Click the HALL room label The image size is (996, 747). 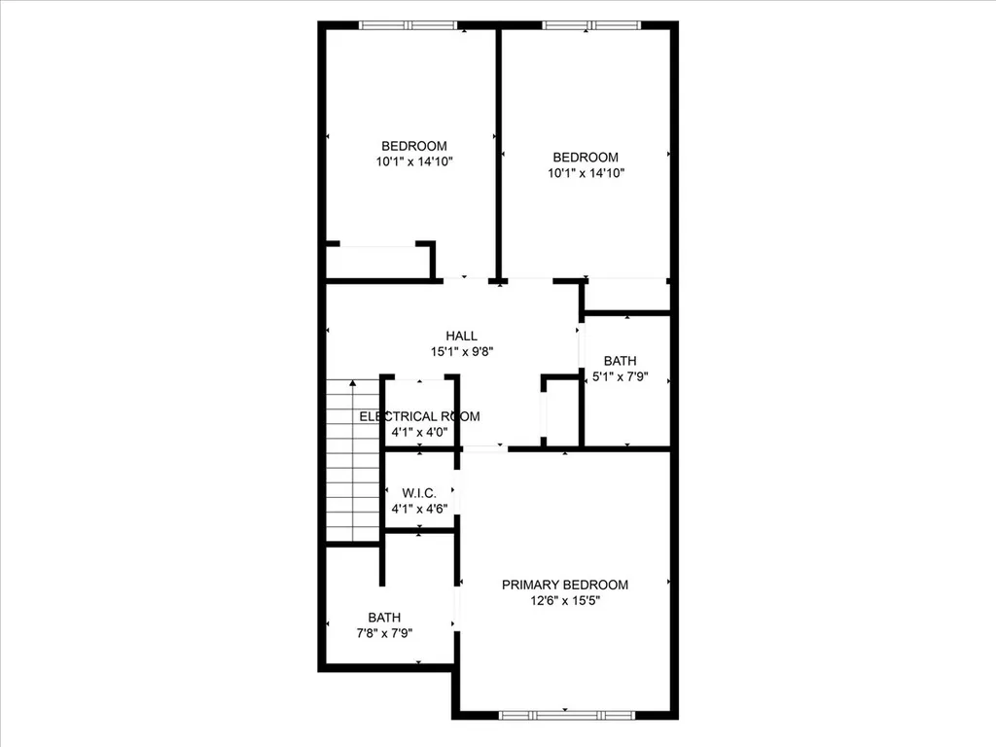click(461, 336)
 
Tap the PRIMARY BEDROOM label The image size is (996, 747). click(565, 585)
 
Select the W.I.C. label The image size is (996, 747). click(419, 493)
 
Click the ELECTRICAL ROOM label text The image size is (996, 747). click(419, 416)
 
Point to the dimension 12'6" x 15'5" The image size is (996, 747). click(565, 601)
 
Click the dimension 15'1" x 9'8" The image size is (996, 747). click(462, 352)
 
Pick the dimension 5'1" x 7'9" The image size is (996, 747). click(620, 376)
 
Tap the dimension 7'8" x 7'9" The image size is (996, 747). click(384, 633)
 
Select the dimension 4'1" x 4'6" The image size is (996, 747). click(419, 509)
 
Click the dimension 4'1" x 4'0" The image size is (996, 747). click(419, 433)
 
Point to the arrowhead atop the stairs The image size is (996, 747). click(352, 382)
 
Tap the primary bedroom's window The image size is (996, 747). click(567, 715)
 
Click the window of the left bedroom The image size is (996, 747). click(408, 25)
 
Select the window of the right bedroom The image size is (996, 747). click(591, 25)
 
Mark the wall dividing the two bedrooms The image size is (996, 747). click(499, 155)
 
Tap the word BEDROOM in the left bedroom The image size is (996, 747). click(414, 146)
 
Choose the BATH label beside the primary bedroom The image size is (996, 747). click(384, 618)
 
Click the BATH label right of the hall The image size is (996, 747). click(620, 361)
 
